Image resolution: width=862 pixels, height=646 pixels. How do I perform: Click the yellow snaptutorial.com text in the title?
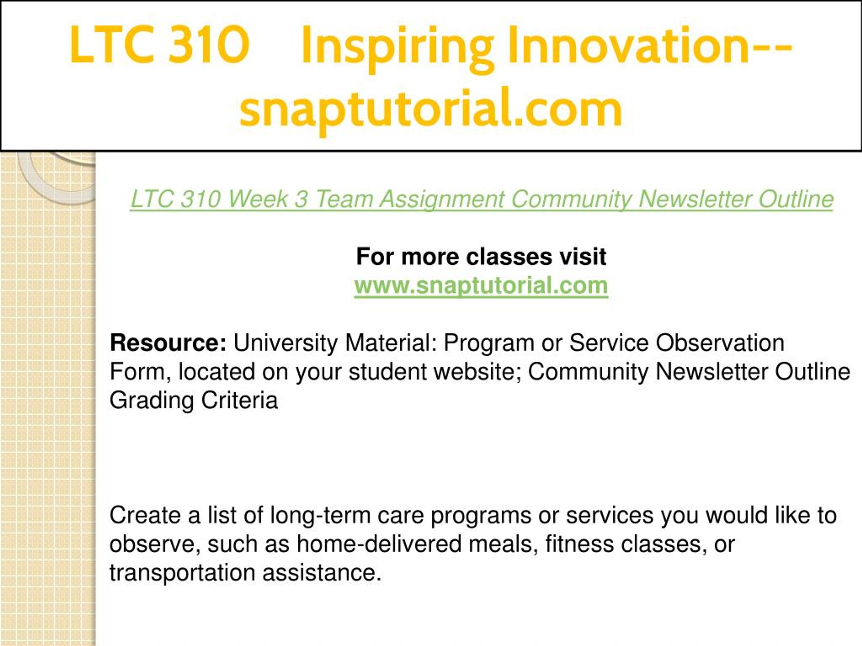[431, 109]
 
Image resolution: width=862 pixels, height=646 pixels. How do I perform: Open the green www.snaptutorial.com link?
[481, 286]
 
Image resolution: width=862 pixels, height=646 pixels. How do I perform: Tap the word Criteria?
[239, 400]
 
